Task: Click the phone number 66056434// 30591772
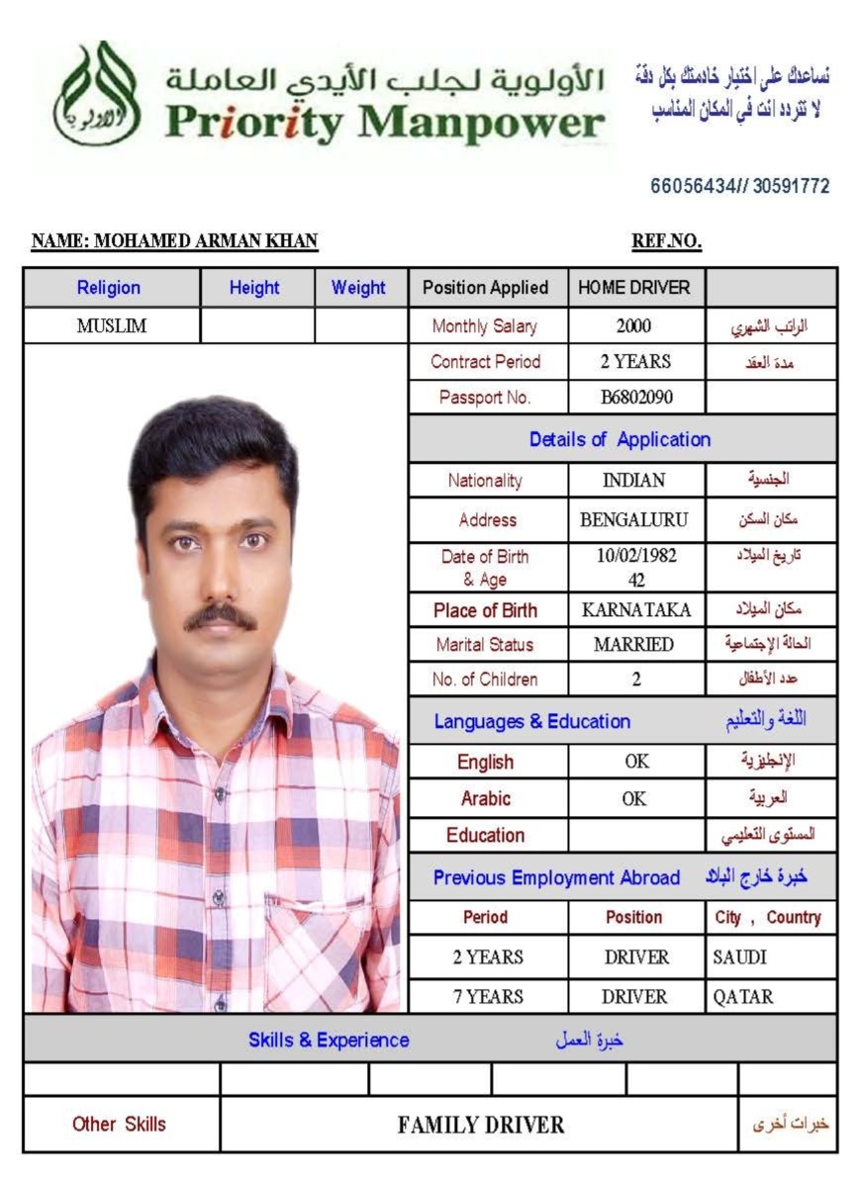[x=739, y=186]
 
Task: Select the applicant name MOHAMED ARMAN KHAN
[x=175, y=241]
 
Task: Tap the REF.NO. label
[x=666, y=241]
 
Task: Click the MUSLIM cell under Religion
[x=112, y=325]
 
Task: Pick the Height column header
[x=254, y=288]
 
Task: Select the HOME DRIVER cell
[x=634, y=288]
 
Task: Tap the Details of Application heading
[x=620, y=439]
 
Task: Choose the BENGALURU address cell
[x=634, y=519]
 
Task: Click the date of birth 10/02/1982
[x=636, y=556]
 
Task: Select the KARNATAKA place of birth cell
[x=636, y=609]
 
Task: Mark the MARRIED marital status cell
[x=634, y=645]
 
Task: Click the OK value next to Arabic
[x=635, y=798]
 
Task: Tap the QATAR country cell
[x=743, y=997]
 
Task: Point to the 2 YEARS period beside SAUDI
[x=488, y=957]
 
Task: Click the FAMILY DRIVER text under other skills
[x=481, y=1125]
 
